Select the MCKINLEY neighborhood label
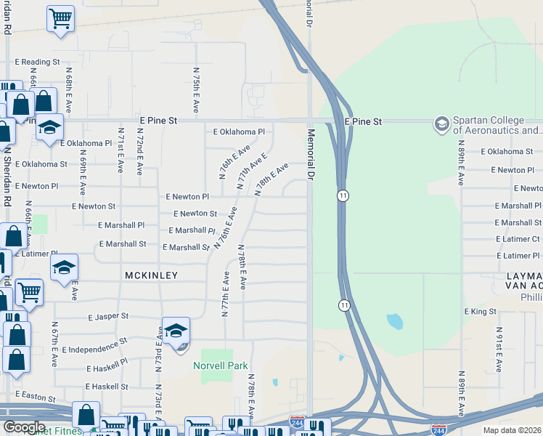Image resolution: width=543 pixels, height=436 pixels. [x=151, y=275]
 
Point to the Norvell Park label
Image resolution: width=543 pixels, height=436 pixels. [x=221, y=366]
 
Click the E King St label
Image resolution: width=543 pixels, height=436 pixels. [x=480, y=311]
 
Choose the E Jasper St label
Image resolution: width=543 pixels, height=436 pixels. [x=108, y=317]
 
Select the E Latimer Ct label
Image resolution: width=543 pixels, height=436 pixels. [x=518, y=238]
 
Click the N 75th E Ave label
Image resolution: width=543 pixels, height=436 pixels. [x=197, y=89]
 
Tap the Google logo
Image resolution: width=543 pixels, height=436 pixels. [x=23, y=427]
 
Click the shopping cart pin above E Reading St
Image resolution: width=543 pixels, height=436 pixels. [x=60, y=18]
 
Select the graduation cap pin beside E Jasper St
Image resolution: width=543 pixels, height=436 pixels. [x=176, y=332]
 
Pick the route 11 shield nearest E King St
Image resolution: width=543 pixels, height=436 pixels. [x=343, y=304]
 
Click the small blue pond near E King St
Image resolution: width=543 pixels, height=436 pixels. [x=395, y=321]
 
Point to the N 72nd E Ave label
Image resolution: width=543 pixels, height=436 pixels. [x=140, y=153]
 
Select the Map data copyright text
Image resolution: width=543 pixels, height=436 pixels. [x=513, y=430]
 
